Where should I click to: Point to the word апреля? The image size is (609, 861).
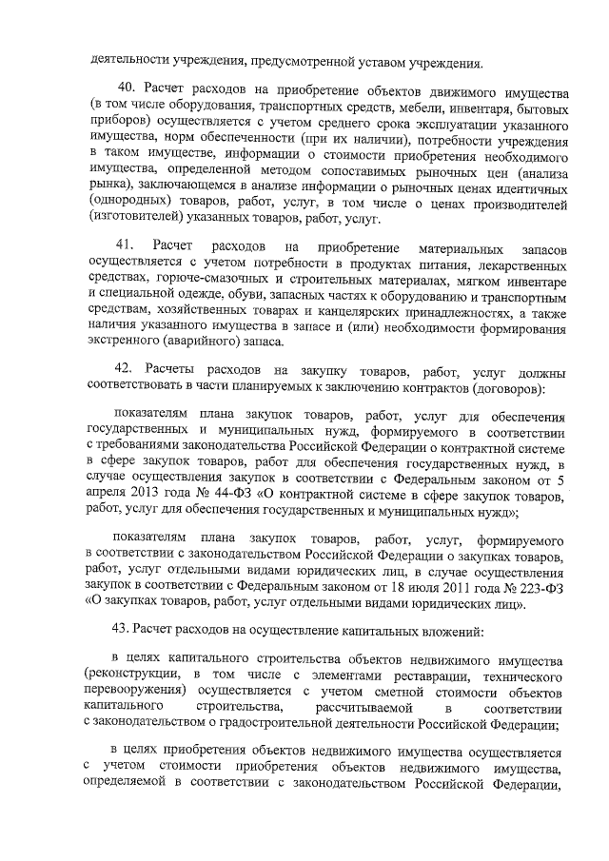point(105,495)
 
